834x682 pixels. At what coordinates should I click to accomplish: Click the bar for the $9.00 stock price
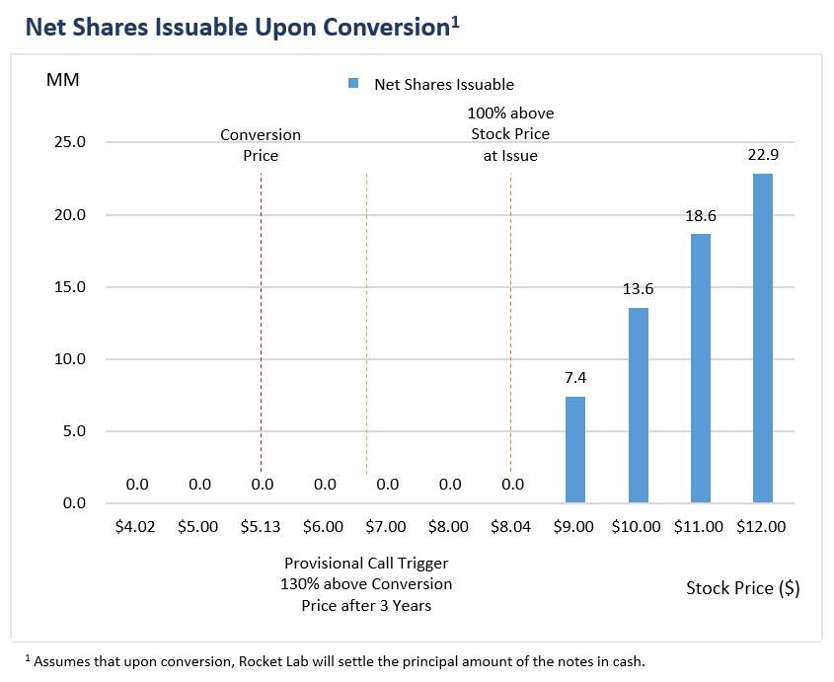tap(574, 450)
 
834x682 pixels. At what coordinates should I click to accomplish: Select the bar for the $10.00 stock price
tap(638, 406)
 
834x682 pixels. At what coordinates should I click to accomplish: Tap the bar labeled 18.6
tap(700, 368)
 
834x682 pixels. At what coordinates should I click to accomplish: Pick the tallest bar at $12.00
tap(762, 339)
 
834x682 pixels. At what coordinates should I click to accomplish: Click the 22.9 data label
tap(762, 154)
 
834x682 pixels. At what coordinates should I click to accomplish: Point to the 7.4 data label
tap(574, 377)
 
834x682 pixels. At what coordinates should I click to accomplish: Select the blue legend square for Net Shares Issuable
tap(353, 84)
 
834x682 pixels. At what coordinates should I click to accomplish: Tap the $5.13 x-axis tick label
tap(261, 527)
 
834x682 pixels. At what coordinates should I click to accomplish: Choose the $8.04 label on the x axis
tap(511, 527)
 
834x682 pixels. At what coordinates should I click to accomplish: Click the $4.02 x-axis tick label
tap(135, 527)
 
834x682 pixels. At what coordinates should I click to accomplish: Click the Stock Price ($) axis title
tap(742, 588)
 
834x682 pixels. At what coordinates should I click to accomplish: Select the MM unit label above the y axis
tap(62, 79)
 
